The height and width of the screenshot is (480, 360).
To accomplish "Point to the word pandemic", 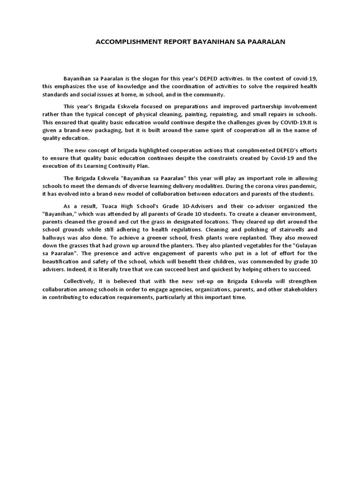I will pyautogui.click(x=299, y=186).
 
